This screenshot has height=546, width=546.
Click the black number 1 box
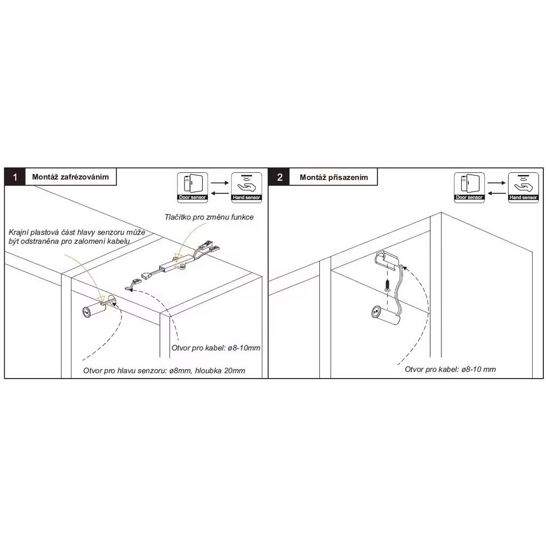click(14, 177)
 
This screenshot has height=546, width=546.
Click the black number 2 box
click(279, 177)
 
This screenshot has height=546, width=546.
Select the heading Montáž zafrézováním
click(70, 176)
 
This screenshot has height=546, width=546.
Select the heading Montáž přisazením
click(334, 177)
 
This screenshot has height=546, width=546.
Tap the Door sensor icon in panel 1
click(192, 187)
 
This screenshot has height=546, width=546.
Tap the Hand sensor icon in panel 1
click(246, 187)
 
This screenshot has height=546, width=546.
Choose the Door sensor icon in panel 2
click(469, 187)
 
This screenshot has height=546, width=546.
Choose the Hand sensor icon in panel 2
click(523, 187)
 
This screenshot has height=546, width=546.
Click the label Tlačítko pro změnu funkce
click(209, 217)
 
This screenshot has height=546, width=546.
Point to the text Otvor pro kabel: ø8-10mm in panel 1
click(216, 348)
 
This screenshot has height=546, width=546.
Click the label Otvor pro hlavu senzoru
click(125, 371)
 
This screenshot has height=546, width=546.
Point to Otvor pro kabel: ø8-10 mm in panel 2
click(450, 369)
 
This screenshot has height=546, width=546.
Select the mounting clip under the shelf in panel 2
click(386, 260)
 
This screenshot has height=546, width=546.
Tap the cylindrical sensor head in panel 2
click(384, 314)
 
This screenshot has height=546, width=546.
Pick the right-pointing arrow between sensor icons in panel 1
click(220, 182)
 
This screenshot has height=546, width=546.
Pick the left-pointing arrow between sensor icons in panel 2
click(496, 193)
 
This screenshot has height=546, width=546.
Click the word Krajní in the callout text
click(18, 232)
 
